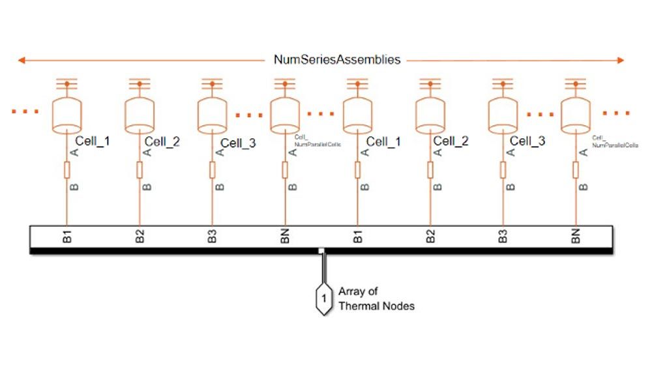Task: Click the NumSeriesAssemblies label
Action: tap(336, 60)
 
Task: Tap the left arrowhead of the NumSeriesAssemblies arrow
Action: tap(22, 61)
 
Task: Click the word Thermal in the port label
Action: tap(357, 305)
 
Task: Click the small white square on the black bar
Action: tap(321, 250)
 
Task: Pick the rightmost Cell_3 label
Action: tap(527, 141)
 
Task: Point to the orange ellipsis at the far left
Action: tap(25, 112)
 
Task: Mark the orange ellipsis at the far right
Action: tap(616, 113)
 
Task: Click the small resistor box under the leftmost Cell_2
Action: tap(140, 170)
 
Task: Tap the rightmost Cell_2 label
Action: tap(451, 141)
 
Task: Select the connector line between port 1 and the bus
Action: tap(322, 269)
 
